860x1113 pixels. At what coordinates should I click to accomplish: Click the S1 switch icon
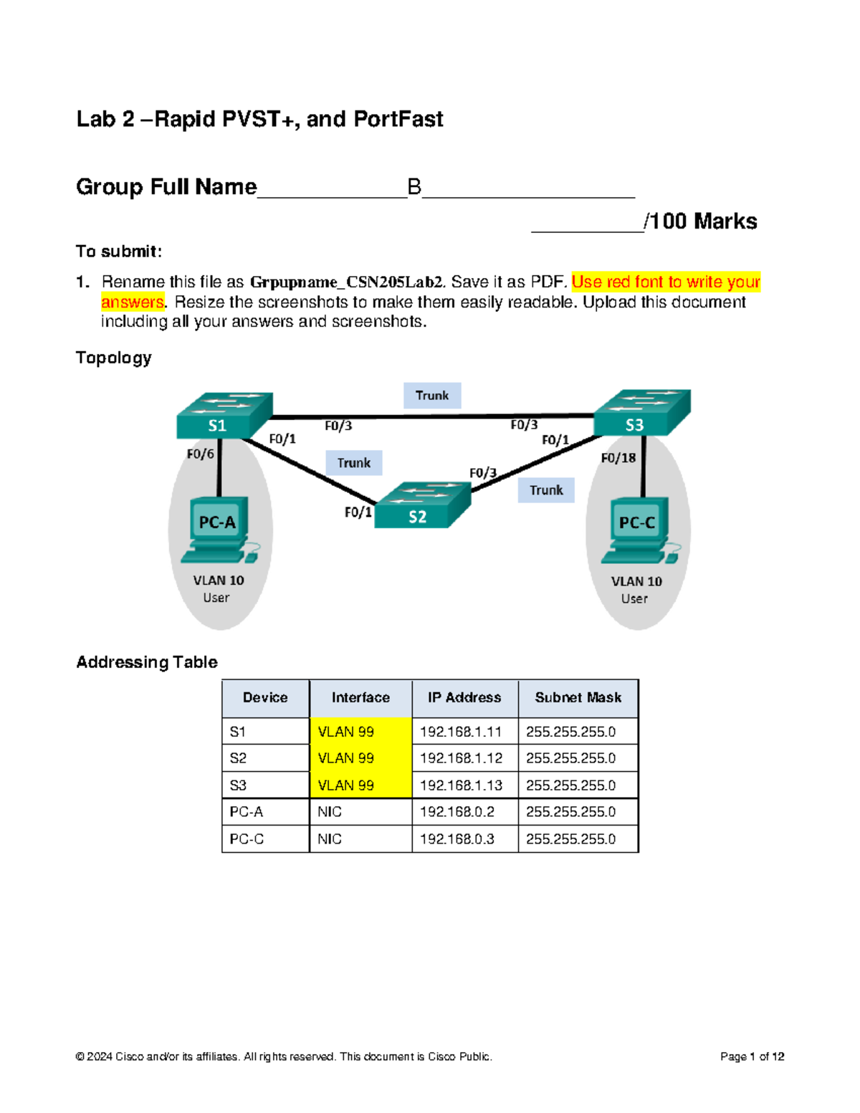coord(224,416)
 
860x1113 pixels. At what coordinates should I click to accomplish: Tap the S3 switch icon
coord(641,414)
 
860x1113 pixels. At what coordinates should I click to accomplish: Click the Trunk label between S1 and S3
coord(431,396)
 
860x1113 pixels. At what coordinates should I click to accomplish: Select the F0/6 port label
coord(200,454)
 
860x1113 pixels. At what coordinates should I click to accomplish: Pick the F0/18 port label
coord(618,458)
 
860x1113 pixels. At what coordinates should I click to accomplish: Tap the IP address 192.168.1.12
coord(461,758)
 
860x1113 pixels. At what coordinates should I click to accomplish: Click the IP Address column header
coord(464,697)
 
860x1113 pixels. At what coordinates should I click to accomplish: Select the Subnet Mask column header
coord(578,697)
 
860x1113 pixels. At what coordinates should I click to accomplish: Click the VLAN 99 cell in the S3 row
coord(346,785)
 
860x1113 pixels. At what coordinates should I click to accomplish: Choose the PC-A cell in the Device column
coord(247,812)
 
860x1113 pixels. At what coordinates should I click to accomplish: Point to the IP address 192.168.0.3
coord(457,839)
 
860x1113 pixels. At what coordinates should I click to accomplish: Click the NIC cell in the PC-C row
coord(330,839)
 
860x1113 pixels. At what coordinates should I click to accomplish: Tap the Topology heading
coord(113,358)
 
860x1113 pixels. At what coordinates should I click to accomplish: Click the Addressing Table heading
coord(147,662)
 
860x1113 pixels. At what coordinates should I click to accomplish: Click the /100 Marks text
coord(700,221)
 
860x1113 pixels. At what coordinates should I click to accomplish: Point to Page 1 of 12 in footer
coord(752,1056)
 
